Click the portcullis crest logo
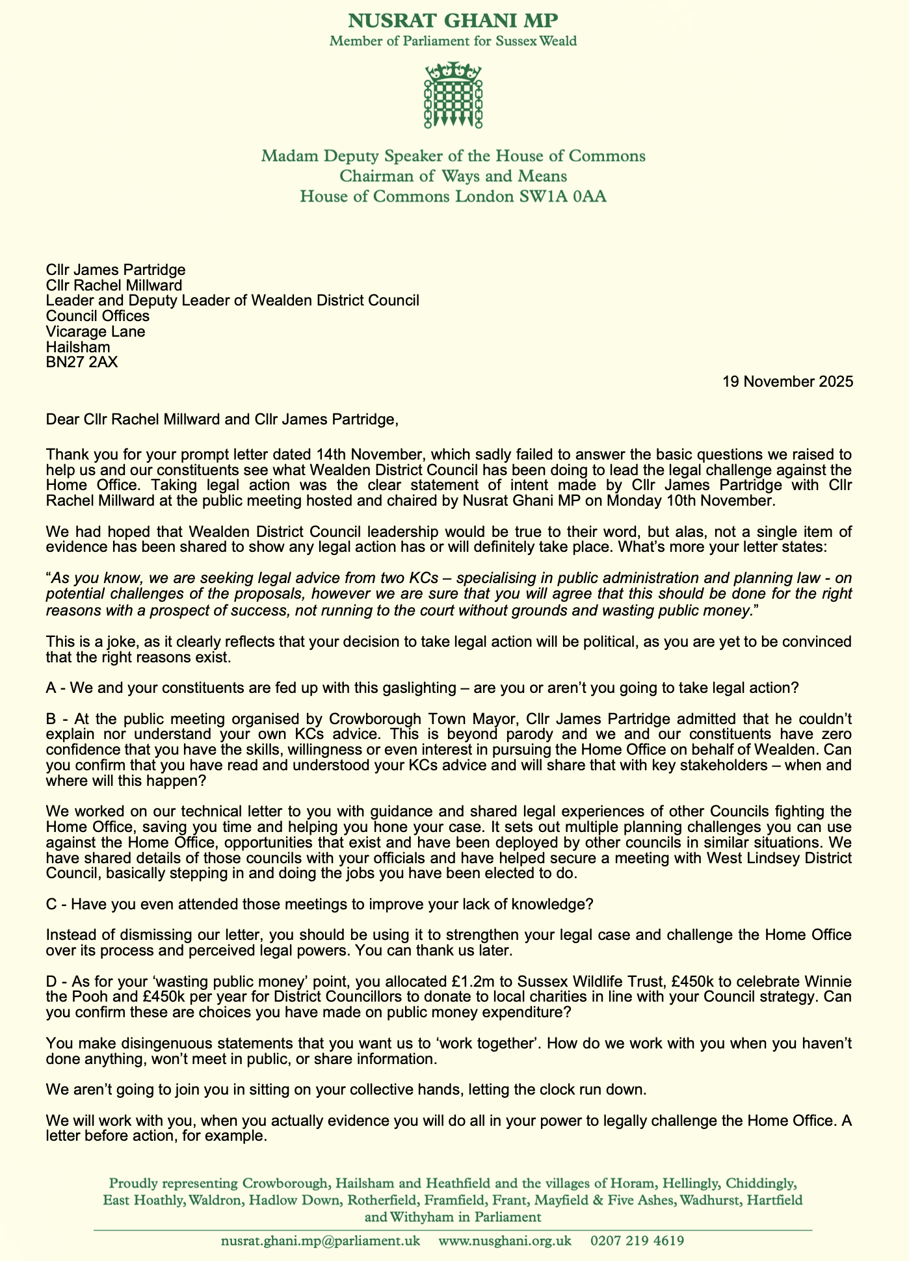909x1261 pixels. (453, 96)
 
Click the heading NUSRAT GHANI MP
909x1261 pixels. (453, 20)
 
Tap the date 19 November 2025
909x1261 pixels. (787, 382)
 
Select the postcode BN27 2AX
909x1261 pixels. (82, 363)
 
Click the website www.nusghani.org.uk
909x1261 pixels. (505, 1240)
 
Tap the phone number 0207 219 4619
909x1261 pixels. (637, 1240)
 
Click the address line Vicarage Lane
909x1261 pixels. (96, 331)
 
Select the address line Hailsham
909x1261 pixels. (78, 347)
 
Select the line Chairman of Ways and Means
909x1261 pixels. (453, 176)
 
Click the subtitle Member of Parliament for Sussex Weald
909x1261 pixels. (453, 41)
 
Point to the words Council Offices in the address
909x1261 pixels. (98, 316)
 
